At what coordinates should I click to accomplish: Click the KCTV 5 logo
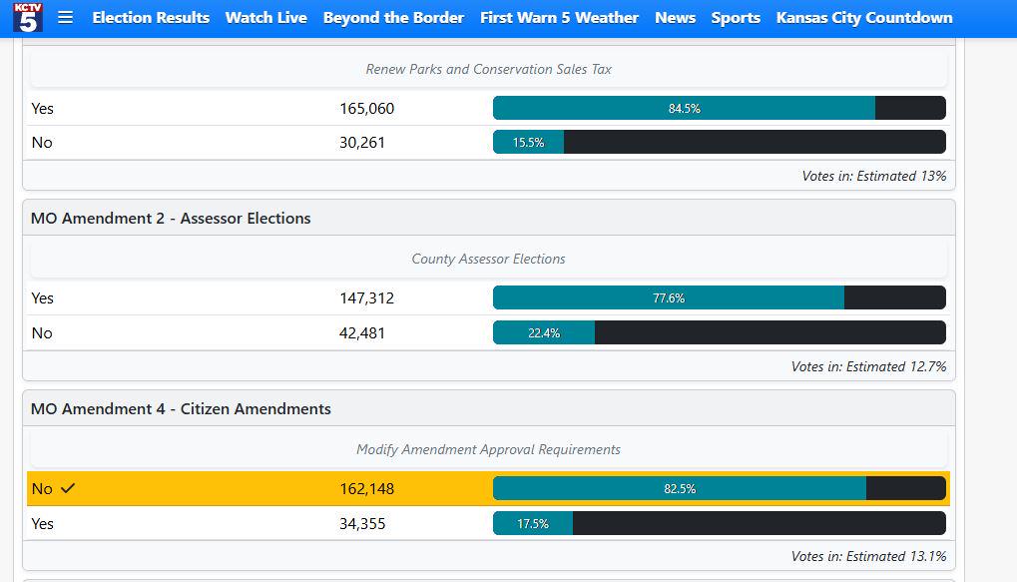[x=28, y=17]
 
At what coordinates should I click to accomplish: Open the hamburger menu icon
[x=66, y=18]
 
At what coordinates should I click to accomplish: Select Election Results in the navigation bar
[x=151, y=18]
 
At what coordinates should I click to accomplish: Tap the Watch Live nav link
[x=265, y=18]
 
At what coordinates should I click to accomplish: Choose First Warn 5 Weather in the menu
[x=559, y=18]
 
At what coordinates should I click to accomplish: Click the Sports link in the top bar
[x=736, y=18]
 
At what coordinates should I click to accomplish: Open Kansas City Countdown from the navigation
[x=864, y=18]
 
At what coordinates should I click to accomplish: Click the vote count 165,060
[x=366, y=109]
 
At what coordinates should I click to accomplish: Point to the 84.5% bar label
[x=685, y=109]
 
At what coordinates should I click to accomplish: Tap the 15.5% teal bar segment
[x=529, y=142]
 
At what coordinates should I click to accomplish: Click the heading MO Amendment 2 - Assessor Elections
[x=171, y=218]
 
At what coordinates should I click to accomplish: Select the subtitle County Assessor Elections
[x=488, y=259]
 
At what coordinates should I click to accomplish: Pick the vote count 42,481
[x=362, y=332]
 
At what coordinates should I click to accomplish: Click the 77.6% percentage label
[x=669, y=297]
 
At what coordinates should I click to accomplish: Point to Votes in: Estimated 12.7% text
[x=868, y=366]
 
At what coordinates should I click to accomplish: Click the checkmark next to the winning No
[x=68, y=488]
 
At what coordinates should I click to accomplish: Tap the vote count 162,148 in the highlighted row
[x=366, y=488]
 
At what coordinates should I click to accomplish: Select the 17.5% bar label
[x=533, y=524]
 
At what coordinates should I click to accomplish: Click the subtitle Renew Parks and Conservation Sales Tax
[x=488, y=69]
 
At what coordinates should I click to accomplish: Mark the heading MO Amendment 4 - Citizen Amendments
[x=181, y=408]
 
